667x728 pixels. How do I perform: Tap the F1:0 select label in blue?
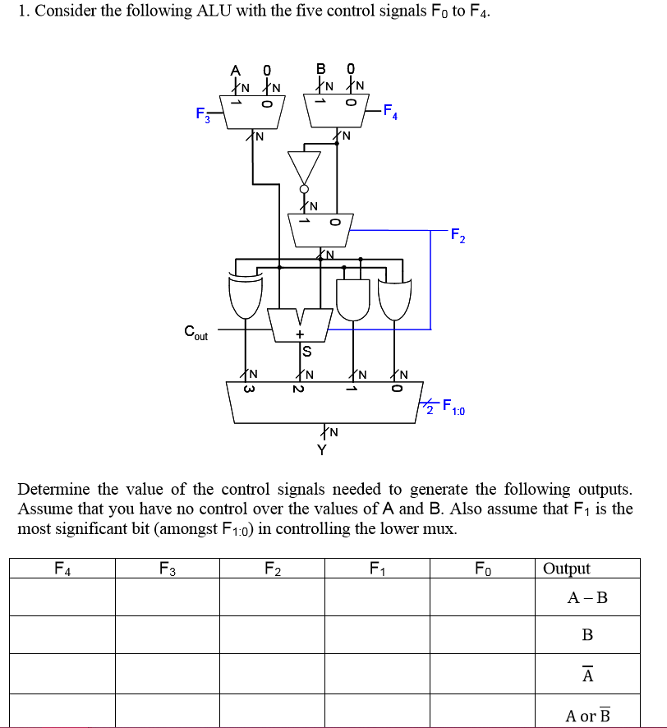pos(453,406)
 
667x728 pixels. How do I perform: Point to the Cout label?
pos(195,333)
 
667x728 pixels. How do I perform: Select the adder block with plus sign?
pos(300,325)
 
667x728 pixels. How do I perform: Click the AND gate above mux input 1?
pos(354,297)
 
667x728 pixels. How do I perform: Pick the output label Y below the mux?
pos(322,449)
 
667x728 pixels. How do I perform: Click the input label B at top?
pos(322,69)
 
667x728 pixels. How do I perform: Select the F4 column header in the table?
pos(62,568)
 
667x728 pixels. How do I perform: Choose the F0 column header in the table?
pos(483,568)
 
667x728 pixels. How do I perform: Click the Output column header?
pos(567,569)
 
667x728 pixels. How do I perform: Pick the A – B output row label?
pos(588,597)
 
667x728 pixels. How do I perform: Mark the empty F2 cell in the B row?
pos(272,634)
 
